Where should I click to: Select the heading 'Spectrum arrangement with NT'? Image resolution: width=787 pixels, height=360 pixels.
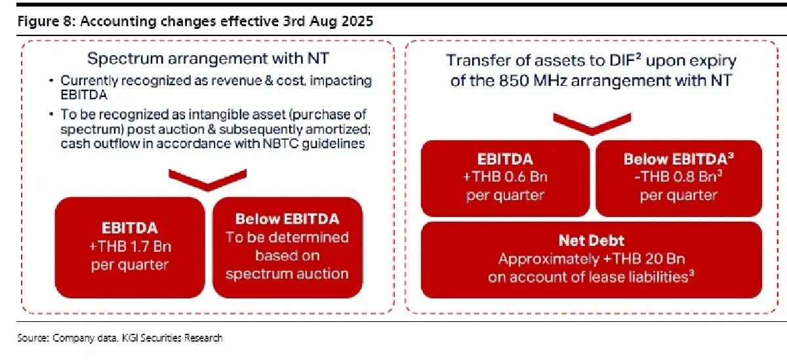[209, 58]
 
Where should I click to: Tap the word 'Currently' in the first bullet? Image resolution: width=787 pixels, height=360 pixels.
[89, 81]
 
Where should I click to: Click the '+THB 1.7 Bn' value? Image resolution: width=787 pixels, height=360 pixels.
[130, 247]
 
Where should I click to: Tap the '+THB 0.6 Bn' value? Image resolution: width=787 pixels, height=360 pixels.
[505, 176]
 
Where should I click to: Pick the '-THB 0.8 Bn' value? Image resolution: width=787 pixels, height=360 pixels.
[678, 176]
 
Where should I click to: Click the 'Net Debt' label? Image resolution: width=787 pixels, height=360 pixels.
[592, 241]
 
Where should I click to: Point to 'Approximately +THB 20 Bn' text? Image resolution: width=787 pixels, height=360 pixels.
[592, 259]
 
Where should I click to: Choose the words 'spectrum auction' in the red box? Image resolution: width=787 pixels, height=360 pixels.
[287, 274]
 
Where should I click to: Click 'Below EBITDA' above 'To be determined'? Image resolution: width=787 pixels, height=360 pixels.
[287, 219]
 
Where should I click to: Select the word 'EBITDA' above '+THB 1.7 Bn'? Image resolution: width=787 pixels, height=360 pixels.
[130, 228]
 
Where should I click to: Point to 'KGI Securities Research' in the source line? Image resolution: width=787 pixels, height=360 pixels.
[172, 338]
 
